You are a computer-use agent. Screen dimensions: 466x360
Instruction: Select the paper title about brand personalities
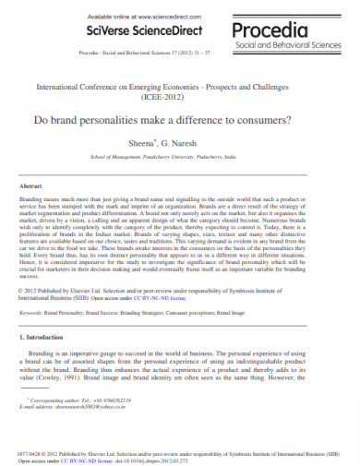pos(180,122)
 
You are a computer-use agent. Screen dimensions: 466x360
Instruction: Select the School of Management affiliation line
pos(180,158)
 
